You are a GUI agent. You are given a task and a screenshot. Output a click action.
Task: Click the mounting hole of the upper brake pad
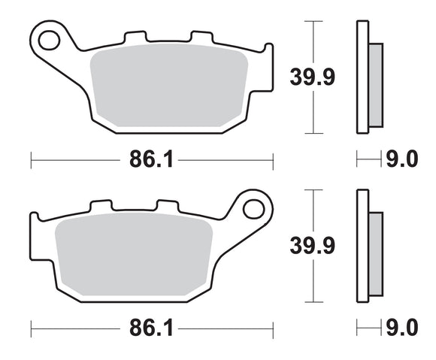[x=49, y=38]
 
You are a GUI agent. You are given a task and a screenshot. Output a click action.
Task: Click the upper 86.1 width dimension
[x=151, y=159]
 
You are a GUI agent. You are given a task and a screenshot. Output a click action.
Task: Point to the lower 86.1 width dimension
[x=151, y=328]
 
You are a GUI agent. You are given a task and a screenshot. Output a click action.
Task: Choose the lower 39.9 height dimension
[x=309, y=244]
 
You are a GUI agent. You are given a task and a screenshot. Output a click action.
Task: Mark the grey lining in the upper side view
[x=376, y=85]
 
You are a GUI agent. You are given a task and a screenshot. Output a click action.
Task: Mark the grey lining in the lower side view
[x=376, y=253]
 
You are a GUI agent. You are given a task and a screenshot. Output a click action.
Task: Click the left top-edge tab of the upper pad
[x=134, y=37]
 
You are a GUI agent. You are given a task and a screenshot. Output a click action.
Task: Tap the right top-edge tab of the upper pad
[x=201, y=37]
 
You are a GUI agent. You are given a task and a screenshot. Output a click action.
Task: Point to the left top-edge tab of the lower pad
[x=101, y=206]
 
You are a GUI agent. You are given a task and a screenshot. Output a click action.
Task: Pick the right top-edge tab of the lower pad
[x=167, y=206]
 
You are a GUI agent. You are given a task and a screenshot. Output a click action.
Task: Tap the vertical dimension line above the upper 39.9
[x=309, y=41]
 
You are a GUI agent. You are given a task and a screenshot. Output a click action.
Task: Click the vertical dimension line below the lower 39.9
[x=309, y=282]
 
